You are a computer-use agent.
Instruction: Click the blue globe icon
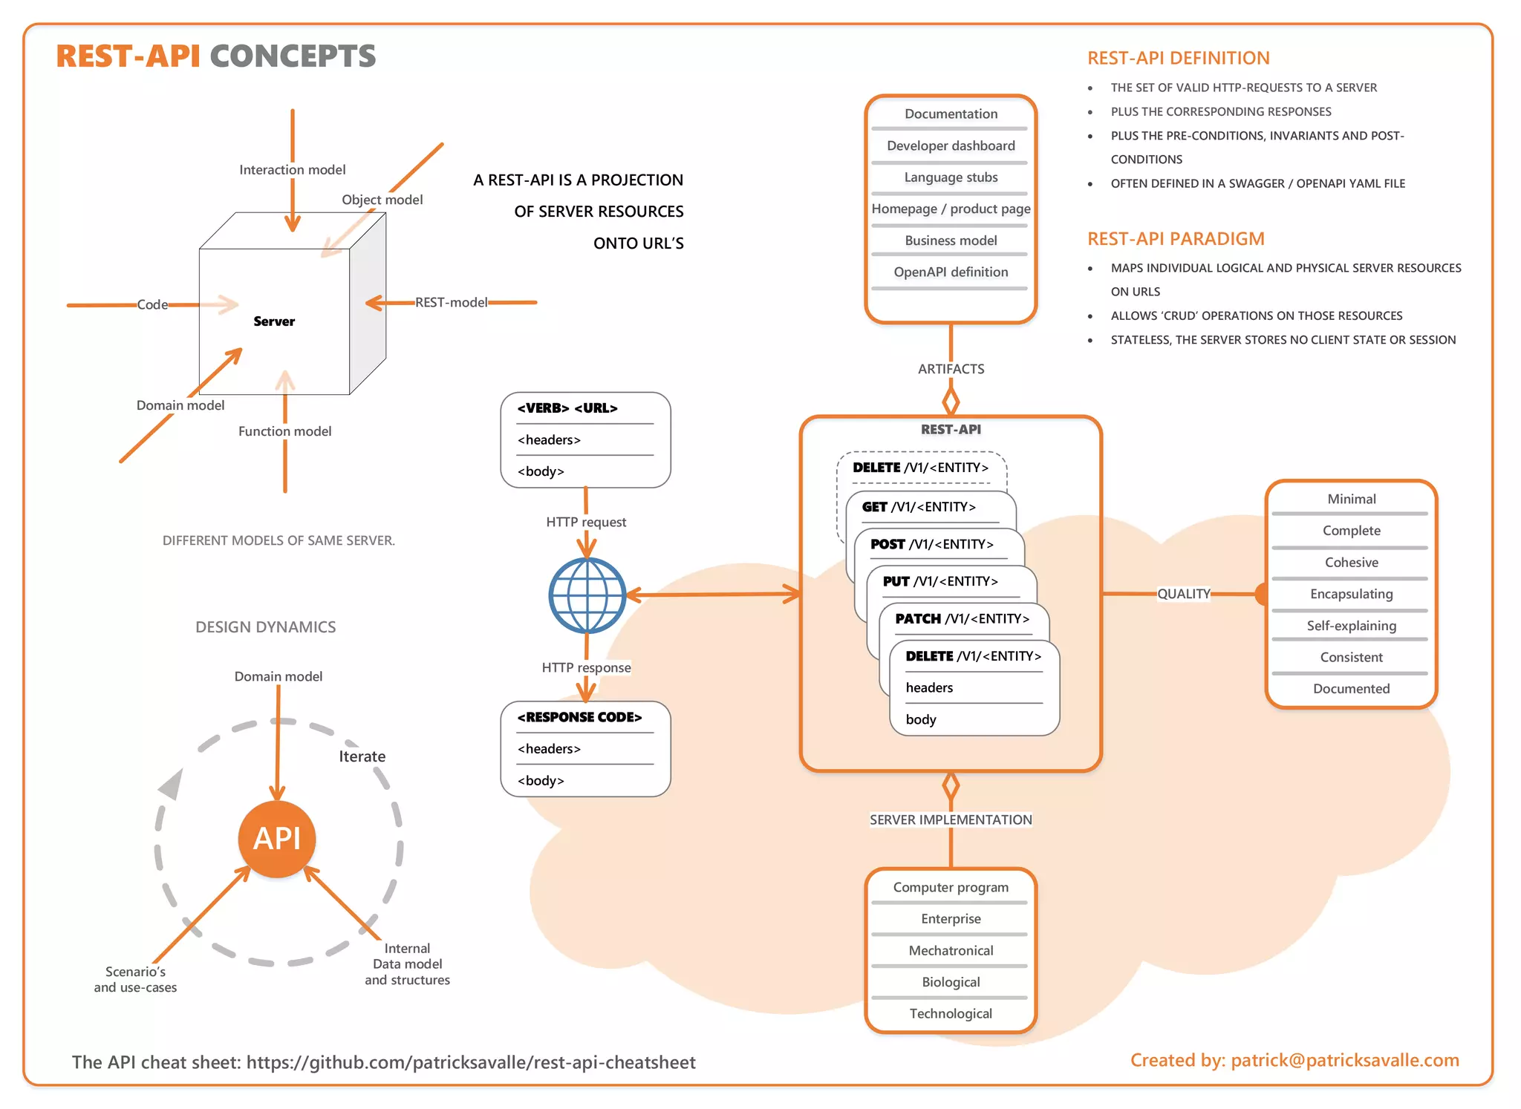tap(587, 595)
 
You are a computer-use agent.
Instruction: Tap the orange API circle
tap(277, 839)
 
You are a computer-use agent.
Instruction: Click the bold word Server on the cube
tap(274, 321)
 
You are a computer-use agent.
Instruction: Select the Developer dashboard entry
tap(951, 145)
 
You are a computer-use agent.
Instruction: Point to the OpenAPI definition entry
tap(951, 272)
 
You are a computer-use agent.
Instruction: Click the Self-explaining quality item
tap(1351, 626)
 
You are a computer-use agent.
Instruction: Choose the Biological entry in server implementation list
tap(951, 982)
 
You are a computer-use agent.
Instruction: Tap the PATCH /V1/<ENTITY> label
tap(962, 618)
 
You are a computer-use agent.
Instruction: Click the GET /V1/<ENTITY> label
tap(919, 507)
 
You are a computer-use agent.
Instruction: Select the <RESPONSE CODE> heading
tap(579, 717)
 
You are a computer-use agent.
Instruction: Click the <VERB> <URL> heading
tap(567, 408)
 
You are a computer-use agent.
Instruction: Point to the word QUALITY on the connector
tap(1184, 594)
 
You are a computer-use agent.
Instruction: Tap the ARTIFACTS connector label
tap(951, 369)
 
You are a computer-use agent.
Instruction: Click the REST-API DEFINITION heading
tap(1178, 58)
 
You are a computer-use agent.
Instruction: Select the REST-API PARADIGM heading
tap(1176, 238)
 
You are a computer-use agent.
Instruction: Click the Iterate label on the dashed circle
tap(362, 756)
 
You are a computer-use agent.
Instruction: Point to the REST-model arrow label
tap(452, 302)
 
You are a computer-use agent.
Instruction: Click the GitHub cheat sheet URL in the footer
tap(471, 1062)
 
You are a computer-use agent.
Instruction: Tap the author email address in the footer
tap(1345, 1060)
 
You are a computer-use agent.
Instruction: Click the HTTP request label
tap(586, 522)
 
